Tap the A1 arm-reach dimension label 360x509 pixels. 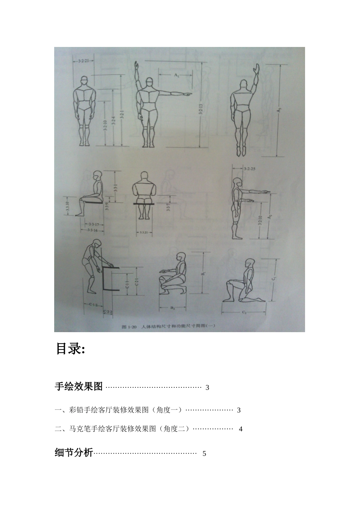[x=176, y=76]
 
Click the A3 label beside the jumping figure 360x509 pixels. [x=279, y=110]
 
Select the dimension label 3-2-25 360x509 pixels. [x=249, y=169]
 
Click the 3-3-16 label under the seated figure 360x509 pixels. [x=92, y=230]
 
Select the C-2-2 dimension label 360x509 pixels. [x=108, y=311]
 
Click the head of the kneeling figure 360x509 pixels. [x=249, y=263]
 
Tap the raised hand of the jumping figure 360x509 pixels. [x=257, y=69]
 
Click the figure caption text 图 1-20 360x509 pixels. [x=129, y=326]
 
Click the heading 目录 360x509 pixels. [x=70, y=348]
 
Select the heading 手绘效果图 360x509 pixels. [x=79, y=387]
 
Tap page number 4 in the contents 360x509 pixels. [x=241, y=429]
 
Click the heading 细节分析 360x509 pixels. [x=74, y=453]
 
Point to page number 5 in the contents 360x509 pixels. [x=204, y=454]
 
